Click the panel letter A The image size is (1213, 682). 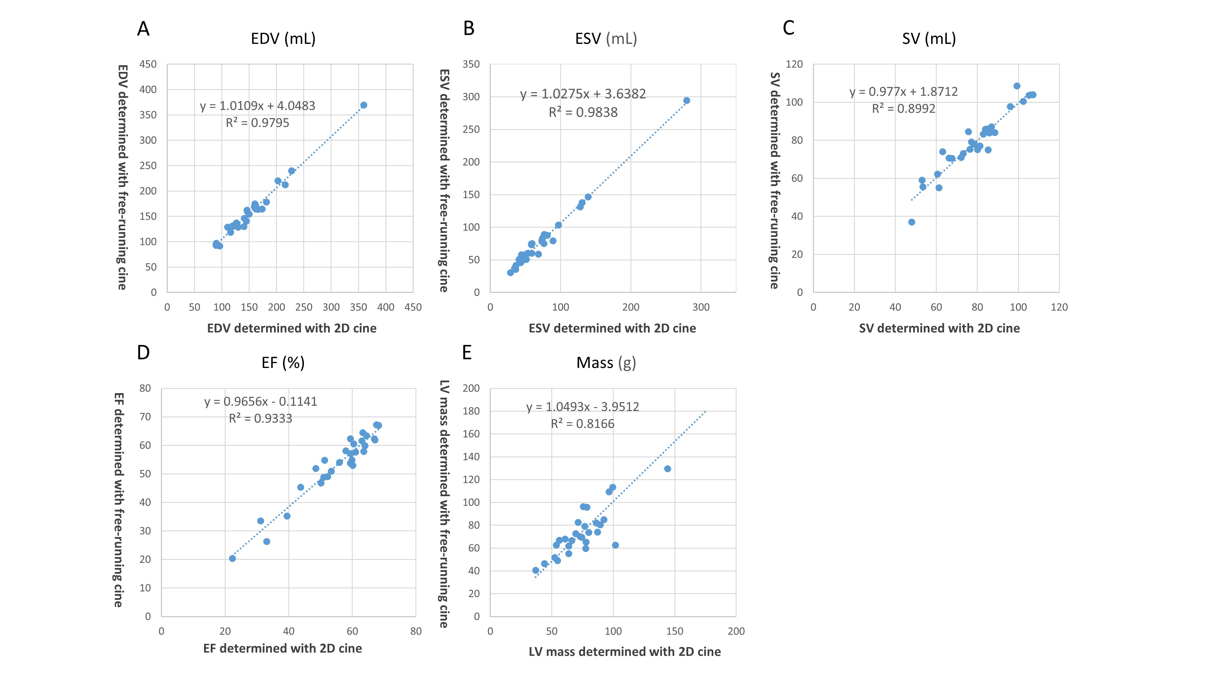coord(143,29)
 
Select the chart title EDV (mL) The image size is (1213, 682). coord(283,38)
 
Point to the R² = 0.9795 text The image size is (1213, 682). coord(257,123)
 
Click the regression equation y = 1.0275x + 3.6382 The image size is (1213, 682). coord(583,94)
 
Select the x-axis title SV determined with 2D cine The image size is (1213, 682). coord(939,329)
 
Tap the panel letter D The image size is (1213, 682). coord(143,353)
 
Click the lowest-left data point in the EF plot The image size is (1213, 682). coord(232,559)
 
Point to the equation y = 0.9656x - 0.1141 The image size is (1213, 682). coord(260,402)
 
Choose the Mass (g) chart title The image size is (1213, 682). coord(606,363)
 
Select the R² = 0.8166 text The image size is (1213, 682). coord(583,424)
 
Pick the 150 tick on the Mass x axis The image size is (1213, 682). coord(674,631)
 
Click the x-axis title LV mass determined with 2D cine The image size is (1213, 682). coord(624,652)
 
